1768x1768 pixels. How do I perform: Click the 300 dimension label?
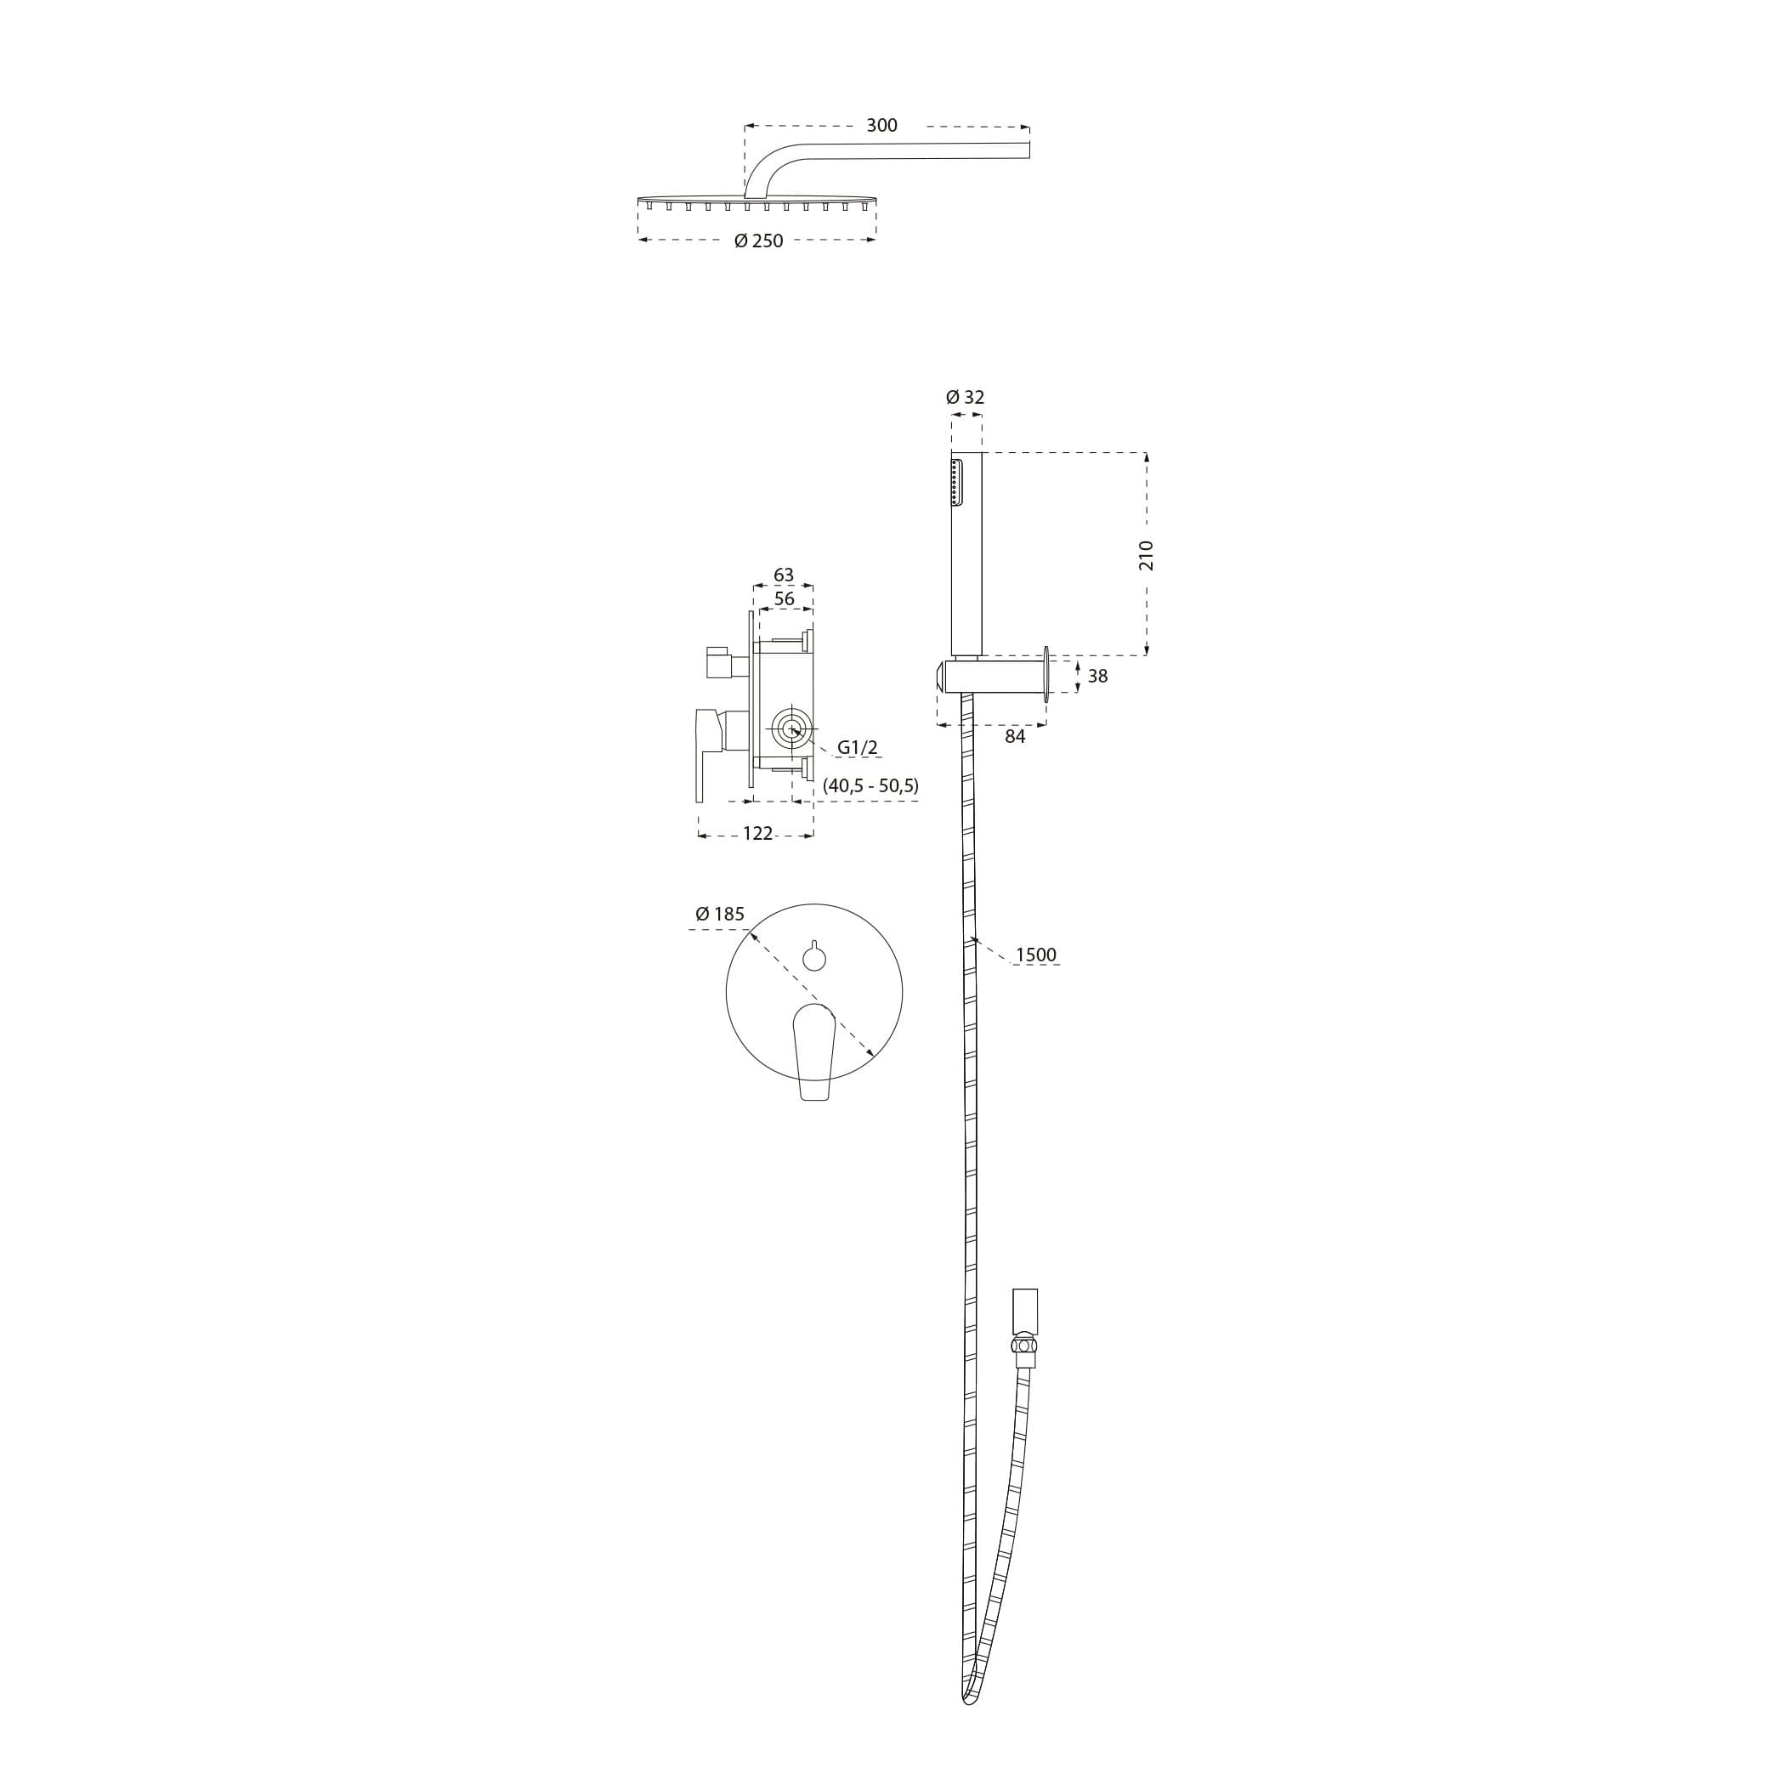[881, 125]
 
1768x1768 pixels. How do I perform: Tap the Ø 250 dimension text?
[759, 241]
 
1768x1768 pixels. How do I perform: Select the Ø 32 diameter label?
[965, 397]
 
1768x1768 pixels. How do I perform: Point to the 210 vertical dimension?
[1146, 555]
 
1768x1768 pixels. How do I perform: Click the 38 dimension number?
[1097, 677]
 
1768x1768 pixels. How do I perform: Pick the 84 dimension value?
[1015, 736]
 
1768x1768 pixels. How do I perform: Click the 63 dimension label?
[784, 575]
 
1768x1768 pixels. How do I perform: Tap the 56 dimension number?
[785, 598]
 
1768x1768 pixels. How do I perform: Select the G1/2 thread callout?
[858, 748]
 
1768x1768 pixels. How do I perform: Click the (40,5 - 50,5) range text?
[870, 785]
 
